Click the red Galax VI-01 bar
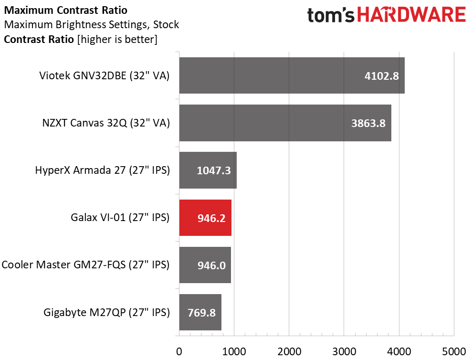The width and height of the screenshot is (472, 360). (x=205, y=218)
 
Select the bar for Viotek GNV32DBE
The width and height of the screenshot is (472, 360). (x=292, y=75)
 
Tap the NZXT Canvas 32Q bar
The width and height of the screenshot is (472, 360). (x=285, y=123)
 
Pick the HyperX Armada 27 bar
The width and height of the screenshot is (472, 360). (x=208, y=170)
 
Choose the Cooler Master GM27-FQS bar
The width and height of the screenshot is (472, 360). (x=205, y=265)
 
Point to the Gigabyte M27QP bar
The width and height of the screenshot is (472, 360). (x=200, y=312)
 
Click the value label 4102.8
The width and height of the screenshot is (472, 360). (x=382, y=76)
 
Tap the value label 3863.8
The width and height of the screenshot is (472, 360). (x=368, y=123)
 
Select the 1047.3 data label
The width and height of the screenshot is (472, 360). (x=214, y=170)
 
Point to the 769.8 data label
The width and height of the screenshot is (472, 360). (x=202, y=313)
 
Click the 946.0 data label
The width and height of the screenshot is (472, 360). (x=211, y=265)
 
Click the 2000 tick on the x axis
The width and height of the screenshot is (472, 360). (x=289, y=351)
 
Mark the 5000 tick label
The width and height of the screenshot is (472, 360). (x=454, y=351)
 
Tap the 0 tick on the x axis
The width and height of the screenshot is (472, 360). (x=179, y=351)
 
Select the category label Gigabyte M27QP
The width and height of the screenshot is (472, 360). (x=106, y=312)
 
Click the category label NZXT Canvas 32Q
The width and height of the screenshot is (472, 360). (x=106, y=123)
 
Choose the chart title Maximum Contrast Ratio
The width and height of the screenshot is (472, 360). (x=66, y=10)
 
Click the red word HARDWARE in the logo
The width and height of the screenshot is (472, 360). (x=411, y=15)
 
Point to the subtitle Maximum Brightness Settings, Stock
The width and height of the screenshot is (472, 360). (x=92, y=24)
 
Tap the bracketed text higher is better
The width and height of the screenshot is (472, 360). (x=117, y=39)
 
